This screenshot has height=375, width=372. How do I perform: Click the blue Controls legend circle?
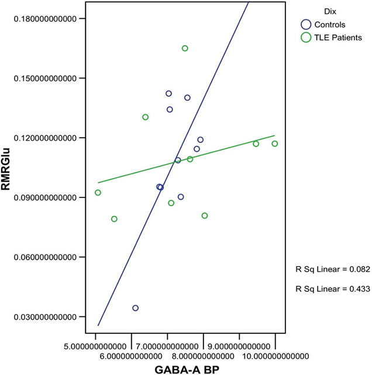pyautogui.click(x=305, y=25)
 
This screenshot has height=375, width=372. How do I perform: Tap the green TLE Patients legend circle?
pyautogui.click(x=305, y=37)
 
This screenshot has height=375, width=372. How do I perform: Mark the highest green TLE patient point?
pyautogui.click(x=185, y=48)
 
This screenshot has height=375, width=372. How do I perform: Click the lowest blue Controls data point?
pyautogui.click(x=135, y=308)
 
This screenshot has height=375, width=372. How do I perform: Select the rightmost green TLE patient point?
pyautogui.click(x=275, y=144)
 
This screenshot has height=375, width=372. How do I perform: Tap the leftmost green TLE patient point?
pyautogui.click(x=98, y=192)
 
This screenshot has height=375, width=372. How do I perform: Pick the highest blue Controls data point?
pyautogui.click(x=168, y=93)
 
